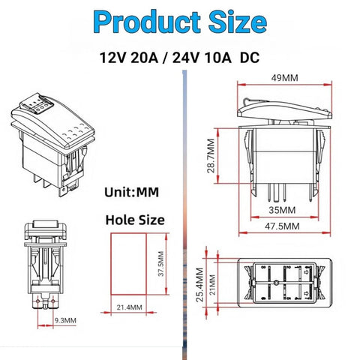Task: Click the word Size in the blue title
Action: [x=238, y=22]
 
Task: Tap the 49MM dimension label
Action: [x=285, y=78]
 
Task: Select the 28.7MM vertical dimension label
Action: [x=211, y=156]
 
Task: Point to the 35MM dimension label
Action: [x=282, y=210]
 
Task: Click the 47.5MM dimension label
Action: [x=282, y=226]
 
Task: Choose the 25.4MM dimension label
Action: [x=199, y=285]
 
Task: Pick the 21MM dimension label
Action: [x=212, y=285]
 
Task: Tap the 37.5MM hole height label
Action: [x=161, y=264]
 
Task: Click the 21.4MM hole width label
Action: [x=129, y=307]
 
